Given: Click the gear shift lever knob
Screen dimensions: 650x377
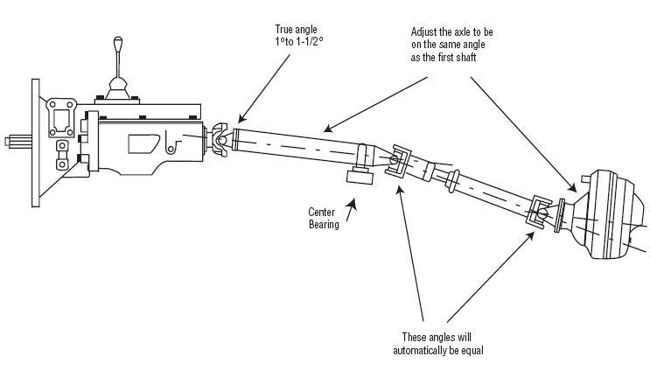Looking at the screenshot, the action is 118,42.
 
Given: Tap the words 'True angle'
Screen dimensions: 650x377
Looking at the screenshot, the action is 296,30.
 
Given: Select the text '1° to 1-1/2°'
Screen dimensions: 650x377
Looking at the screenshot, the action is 298,42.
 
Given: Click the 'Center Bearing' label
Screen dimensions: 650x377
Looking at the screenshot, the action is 324,219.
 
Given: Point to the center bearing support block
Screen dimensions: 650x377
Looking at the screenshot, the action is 360,177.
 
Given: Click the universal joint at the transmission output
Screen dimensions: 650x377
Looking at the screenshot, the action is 221,141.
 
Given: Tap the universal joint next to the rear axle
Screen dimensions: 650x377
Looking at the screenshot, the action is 539,212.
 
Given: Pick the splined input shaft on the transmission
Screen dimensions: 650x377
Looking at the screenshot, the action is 18,142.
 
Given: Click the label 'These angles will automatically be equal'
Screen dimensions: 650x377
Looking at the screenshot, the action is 438,344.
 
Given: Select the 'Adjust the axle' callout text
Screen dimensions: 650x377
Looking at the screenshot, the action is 451,45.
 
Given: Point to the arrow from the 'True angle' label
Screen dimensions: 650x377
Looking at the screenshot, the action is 264,88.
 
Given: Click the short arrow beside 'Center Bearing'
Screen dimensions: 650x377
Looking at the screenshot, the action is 351,210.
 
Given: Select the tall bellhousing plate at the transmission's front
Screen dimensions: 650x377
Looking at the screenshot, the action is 36,143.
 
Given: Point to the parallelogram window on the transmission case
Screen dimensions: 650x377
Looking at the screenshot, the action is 143,143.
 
